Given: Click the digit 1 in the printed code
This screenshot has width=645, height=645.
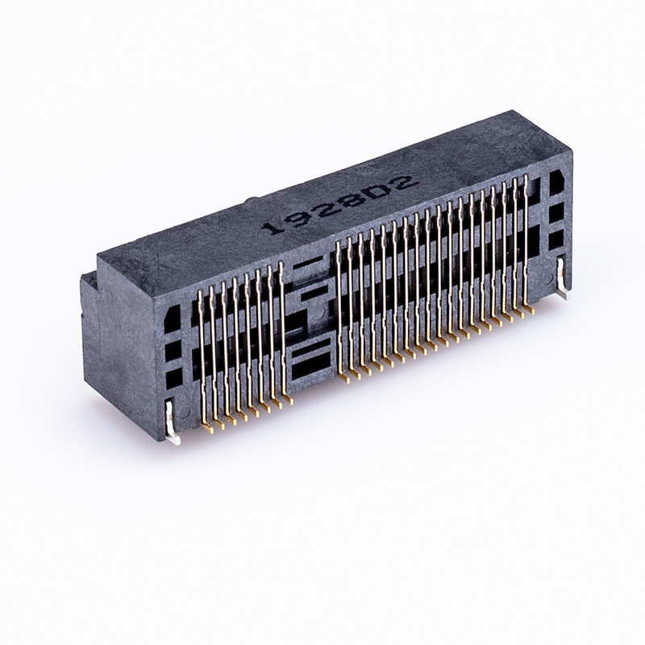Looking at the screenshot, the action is [273, 227].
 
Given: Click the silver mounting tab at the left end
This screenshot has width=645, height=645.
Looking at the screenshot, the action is [173, 424].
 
